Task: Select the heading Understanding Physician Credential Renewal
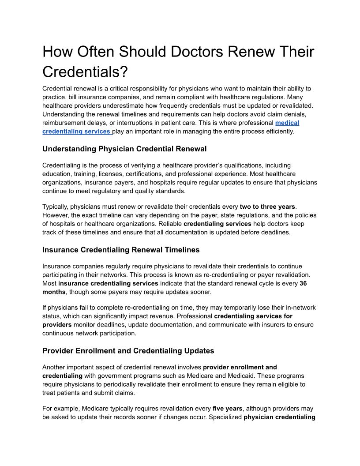(124, 149)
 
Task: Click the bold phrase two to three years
(267, 207)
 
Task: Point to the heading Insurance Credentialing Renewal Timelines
(121, 250)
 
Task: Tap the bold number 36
(303, 284)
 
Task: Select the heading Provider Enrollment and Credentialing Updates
(128, 351)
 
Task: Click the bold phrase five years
(227, 409)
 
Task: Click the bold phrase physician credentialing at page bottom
(279, 417)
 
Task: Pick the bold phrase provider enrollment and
(240, 367)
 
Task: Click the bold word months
(54, 292)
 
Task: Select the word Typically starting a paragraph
(55, 207)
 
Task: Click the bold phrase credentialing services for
(253, 316)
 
